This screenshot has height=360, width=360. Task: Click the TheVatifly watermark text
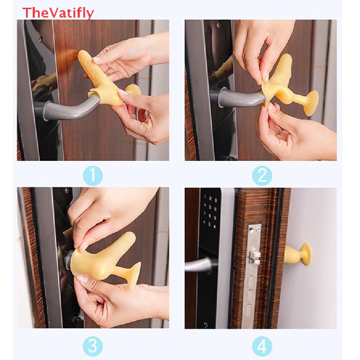click(58, 13)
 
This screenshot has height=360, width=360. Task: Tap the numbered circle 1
click(93, 175)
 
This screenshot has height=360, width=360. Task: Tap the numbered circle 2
click(262, 175)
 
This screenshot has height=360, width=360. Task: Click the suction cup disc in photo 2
click(311, 102)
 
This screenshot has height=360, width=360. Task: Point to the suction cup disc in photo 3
click(134, 276)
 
